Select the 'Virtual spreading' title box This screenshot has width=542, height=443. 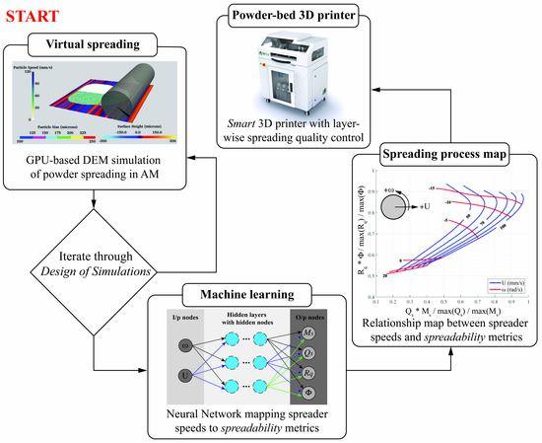[96, 44]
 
